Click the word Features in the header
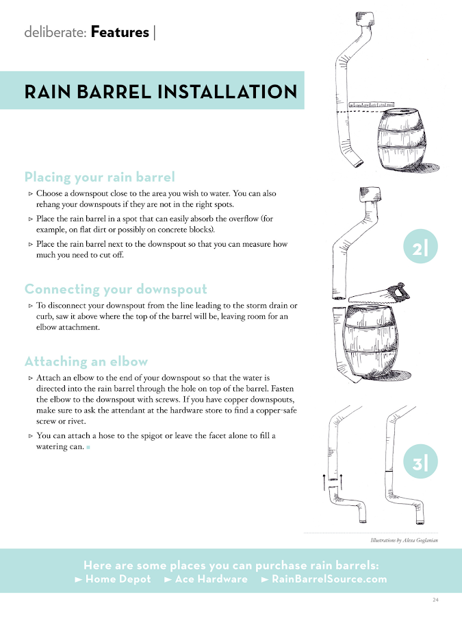[120, 32]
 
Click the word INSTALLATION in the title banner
[227, 92]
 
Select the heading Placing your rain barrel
[99, 177]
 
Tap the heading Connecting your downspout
[116, 289]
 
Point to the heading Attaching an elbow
[86, 361]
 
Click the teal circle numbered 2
[420, 246]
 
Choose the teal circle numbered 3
[420, 461]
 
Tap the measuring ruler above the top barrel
[371, 105]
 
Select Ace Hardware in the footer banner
[206, 579]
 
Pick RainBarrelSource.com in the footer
[324, 579]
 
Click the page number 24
[435, 600]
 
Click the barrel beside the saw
[370, 342]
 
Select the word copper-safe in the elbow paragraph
[277, 411]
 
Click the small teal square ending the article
[88, 447]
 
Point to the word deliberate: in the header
[55, 32]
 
